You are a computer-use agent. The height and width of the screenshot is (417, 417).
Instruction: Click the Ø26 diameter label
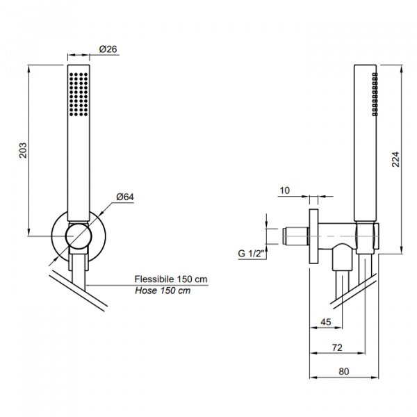click(107, 49)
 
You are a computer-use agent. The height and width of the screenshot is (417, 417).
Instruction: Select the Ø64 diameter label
click(125, 197)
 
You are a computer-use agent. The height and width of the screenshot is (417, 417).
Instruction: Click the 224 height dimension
click(396, 161)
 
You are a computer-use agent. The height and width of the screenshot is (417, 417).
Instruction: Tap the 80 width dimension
click(344, 371)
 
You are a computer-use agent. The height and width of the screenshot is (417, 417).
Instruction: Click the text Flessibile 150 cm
click(171, 279)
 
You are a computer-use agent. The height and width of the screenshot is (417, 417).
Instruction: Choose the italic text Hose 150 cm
click(163, 291)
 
